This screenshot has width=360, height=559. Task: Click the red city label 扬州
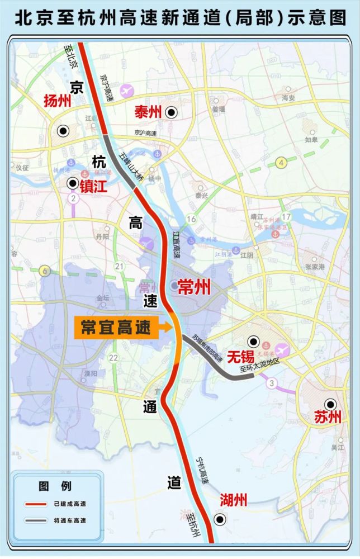click(x=58, y=101)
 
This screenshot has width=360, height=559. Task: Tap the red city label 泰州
click(x=148, y=112)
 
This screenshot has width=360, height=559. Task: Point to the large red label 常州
click(x=193, y=288)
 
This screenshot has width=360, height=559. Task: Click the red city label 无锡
click(x=240, y=356)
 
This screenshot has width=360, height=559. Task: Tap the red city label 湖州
click(x=233, y=500)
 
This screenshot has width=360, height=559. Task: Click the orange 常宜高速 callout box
click(x=116, y=328)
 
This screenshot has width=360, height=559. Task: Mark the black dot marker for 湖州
click(x=220, y=520)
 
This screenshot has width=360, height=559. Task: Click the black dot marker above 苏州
click(x=331, y=404)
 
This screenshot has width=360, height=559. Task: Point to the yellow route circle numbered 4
click(x=281, y=163)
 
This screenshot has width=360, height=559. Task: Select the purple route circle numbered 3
click(x=272, y=383)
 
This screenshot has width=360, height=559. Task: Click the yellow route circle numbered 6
click(x=44, y=271)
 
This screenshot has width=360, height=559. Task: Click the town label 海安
click(x=288, y=97)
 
